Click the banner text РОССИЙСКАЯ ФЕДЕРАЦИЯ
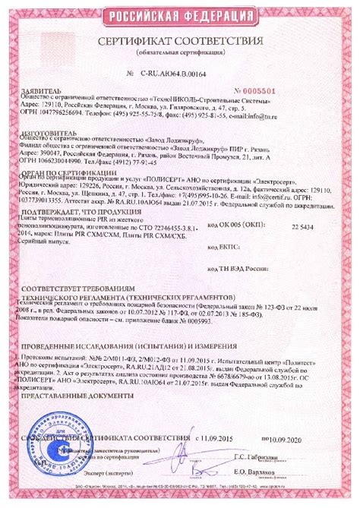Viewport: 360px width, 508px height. tap(180, 16)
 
